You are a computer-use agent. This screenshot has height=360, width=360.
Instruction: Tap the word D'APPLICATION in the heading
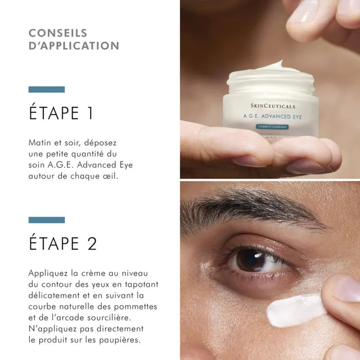click(x=74, y=46)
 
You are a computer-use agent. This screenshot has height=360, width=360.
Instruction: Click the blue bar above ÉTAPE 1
click(x=46, y=89)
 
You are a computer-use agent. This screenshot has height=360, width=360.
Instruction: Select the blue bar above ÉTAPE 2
click(x=46, y=220)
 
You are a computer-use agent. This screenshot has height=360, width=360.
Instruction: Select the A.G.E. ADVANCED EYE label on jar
click(x=273, y=117)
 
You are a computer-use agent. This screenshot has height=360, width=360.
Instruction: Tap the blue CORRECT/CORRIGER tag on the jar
click(x=272, y=127)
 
